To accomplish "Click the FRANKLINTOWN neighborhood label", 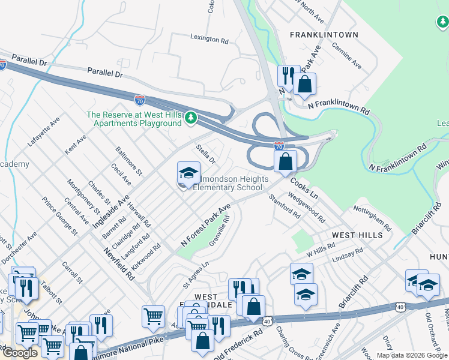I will click(324, 35).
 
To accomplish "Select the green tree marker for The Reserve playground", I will click(191, 117).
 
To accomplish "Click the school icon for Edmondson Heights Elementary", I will click(188, 174).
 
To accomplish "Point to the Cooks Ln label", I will click(304, 187).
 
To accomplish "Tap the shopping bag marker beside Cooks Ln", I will click(286, 162).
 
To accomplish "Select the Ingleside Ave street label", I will click(111, 206).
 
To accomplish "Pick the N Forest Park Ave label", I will click(206, 226).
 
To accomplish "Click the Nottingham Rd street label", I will click(372, 220).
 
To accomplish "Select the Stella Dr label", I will click(205, 154).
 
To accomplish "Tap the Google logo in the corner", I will click(20, 353).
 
